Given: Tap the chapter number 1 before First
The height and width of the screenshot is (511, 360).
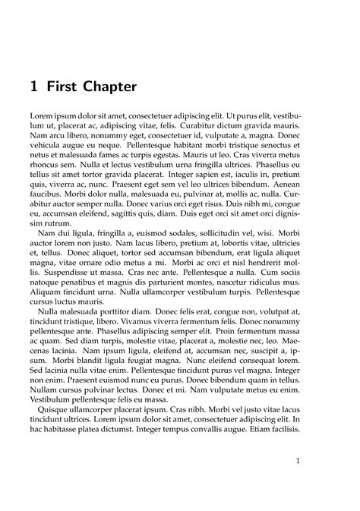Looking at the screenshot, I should pos(35,87).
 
